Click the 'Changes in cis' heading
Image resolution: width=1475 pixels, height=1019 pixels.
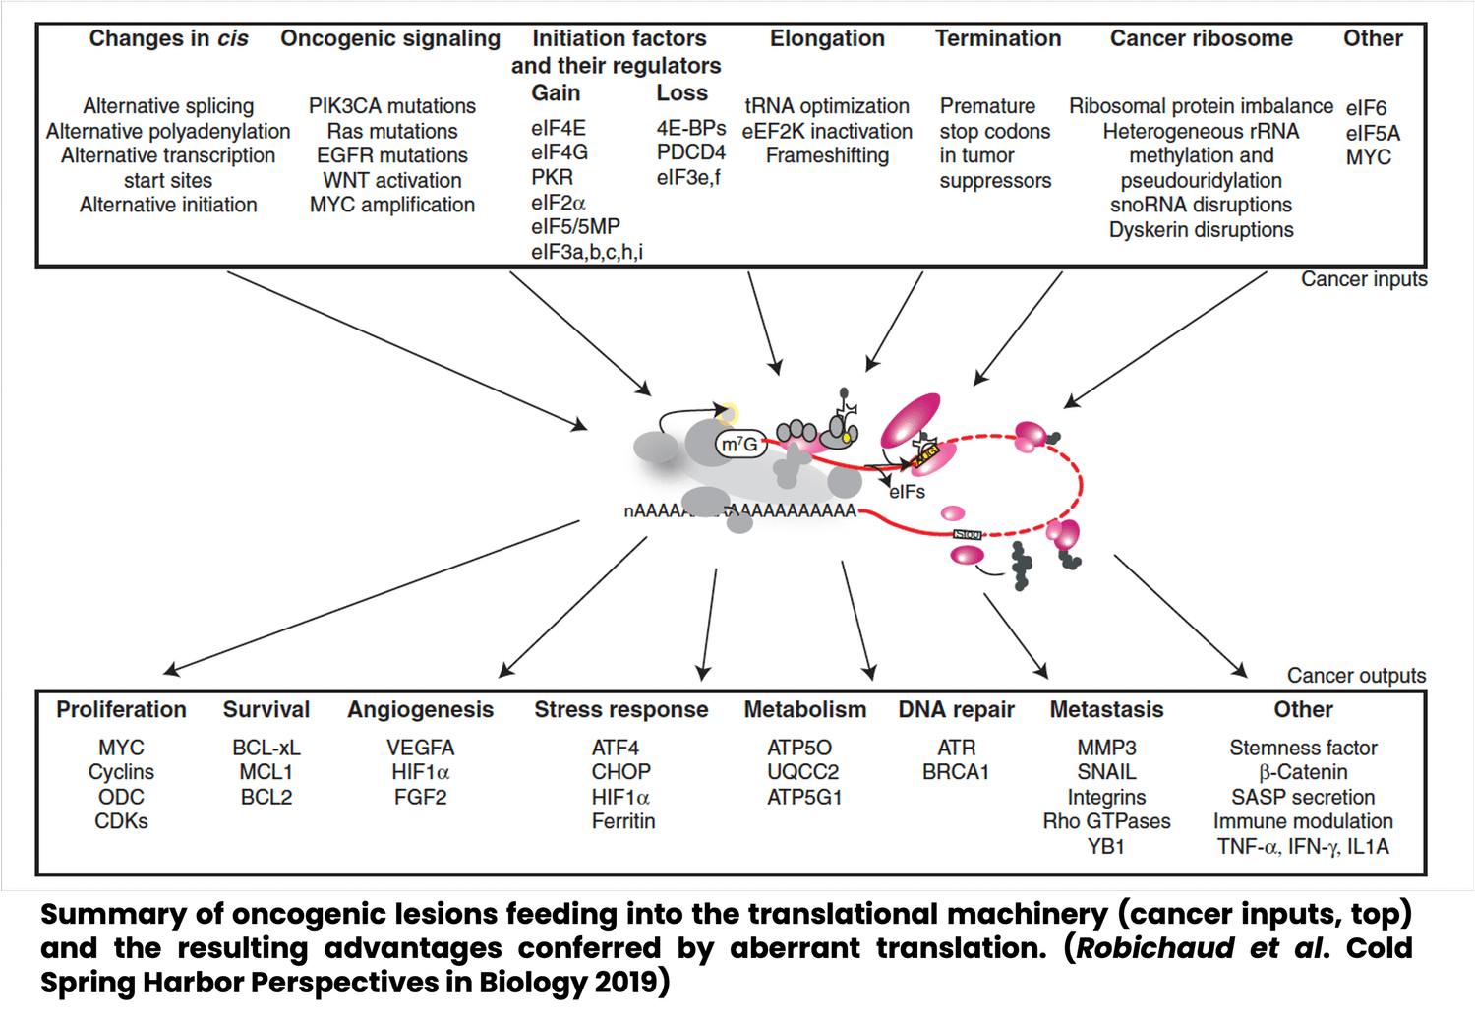tap(168, 38)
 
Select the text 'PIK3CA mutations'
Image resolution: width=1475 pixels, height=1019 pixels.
tap(391, 106)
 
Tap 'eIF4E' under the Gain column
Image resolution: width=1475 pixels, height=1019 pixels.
tap(558, 129)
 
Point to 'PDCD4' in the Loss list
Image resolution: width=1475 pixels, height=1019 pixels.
tap(690, 152)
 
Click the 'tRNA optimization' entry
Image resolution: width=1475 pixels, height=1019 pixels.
tap(826, 106)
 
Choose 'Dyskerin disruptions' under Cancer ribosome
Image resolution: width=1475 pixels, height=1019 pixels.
tap(1201, 230)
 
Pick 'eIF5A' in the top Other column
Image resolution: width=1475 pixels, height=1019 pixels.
tap(1372, 133)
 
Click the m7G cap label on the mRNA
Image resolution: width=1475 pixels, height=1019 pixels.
tap(739, 445)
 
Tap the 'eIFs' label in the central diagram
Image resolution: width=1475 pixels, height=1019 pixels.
tap(907, 492)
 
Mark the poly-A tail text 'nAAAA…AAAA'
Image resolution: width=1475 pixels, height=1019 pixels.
tap(739, 510)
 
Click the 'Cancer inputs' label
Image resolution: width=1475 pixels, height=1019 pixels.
tap(1363, 279)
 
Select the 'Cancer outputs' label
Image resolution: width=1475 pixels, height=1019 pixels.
tap(1356, 676)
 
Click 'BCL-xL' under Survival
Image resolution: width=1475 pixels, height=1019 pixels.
tap(265, 748)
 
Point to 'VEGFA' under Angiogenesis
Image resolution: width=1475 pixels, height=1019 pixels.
tap(420, 748)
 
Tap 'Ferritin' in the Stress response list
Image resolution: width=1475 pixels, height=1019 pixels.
tap(622, 821)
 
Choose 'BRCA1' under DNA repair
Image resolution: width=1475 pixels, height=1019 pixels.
tap(955, 772)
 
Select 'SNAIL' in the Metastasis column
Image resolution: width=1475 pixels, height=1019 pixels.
tap(1106, 772)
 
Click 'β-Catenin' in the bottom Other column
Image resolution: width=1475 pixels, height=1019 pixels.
tap(1302, 772)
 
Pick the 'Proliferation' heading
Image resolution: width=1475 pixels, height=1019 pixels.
tap(121, 710)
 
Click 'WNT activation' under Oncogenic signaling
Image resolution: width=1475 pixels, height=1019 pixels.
tap(391, 181)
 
